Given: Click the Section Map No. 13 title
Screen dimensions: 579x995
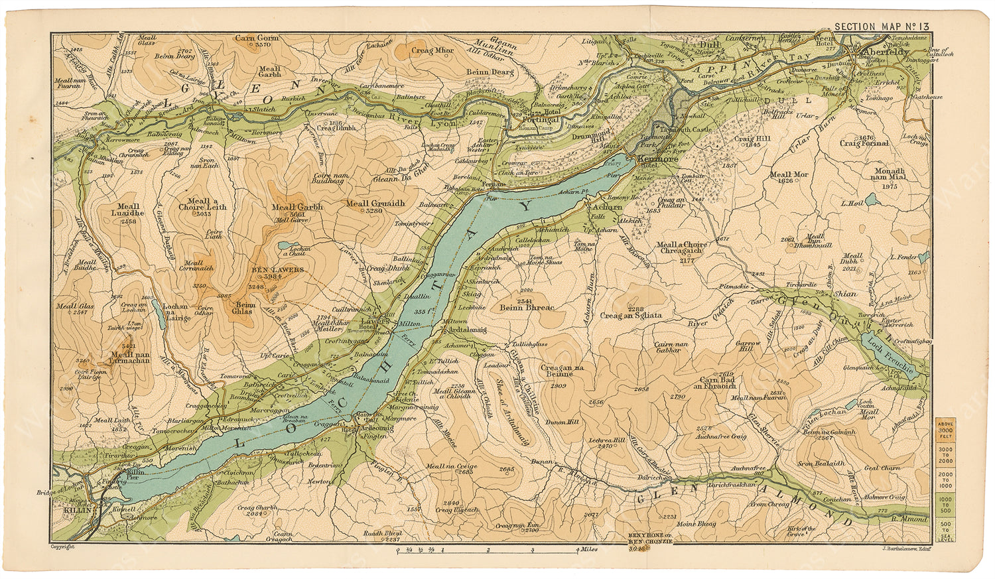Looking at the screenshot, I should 882,27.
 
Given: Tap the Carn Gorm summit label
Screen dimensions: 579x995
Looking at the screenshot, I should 256,38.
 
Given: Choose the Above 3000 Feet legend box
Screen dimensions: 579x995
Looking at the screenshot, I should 944,430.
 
